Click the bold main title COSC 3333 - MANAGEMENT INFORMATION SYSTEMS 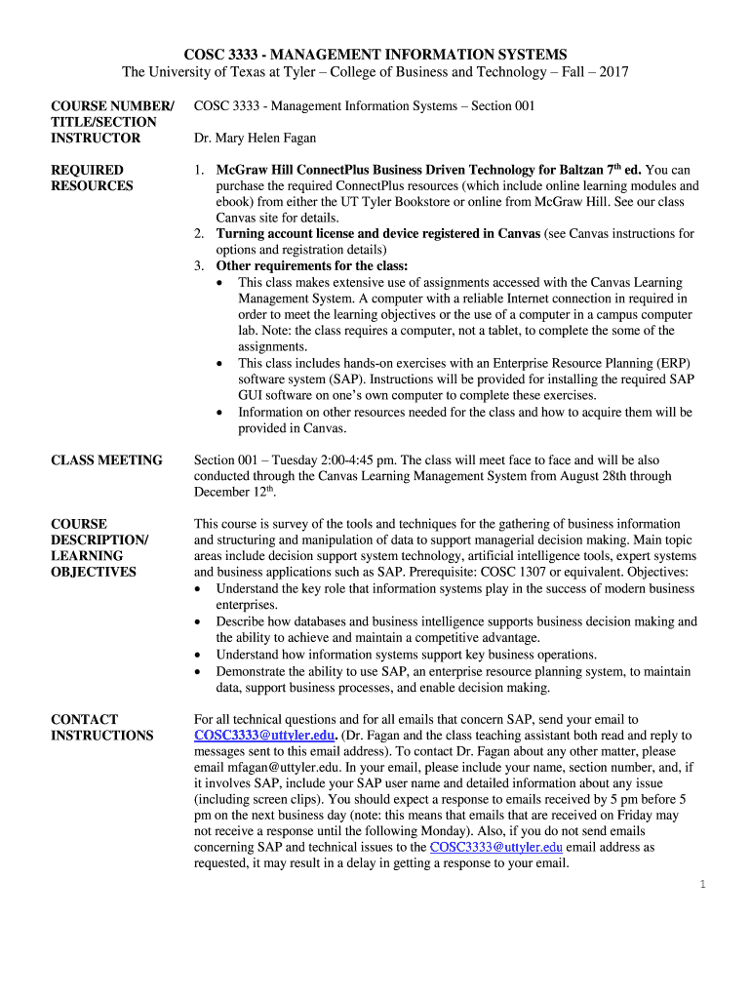click(375, 54)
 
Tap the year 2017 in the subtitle click(613, 72)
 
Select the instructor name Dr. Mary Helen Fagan click(255, 139)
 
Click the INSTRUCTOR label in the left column click(96, 138)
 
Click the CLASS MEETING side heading click(106, 460)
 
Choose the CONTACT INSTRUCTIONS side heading click(101, 727)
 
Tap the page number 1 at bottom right click(701, 884)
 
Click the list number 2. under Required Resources click(198, 234)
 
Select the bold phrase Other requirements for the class click(311, 265)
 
